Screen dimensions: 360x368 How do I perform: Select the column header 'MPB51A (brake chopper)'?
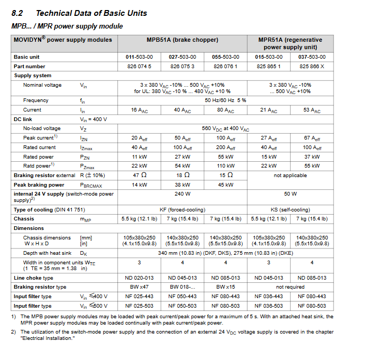point(182,40)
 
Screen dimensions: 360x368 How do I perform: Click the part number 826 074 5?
point(139,67)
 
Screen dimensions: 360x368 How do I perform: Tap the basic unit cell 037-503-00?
point(311,57)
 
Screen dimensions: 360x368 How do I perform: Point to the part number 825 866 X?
point(311,67)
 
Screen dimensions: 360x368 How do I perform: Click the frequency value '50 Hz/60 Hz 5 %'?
point(225,100)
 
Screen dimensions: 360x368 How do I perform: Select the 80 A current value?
point(225,110)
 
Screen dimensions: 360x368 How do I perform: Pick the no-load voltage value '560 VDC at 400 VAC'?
point(225,128)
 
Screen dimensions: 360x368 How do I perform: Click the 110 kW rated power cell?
point(225,167)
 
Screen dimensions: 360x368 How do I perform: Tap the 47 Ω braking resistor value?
point(139,176)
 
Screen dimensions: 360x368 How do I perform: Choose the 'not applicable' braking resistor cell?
point(290,176)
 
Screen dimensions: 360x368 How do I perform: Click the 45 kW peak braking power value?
point(225,185)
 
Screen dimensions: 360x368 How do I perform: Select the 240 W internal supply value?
point(182,194)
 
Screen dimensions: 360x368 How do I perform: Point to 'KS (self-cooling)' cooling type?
point(290,209)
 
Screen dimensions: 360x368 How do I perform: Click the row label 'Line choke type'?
point(33,278)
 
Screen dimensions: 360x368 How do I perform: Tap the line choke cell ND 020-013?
point(139,278)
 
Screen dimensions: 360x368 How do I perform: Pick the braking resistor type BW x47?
point(139,287)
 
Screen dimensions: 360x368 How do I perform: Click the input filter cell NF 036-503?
point(269,306)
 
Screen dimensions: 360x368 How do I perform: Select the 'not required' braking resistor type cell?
point(290,287)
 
